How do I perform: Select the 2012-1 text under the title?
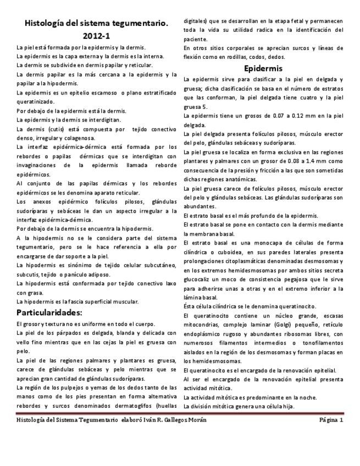[x=96, y=36]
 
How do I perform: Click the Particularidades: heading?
[x=49, y=313]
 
